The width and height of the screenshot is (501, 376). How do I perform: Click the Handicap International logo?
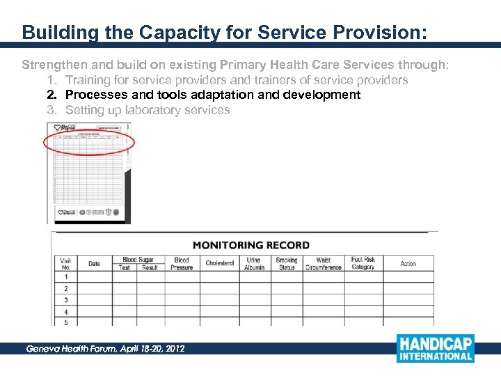[435, 348]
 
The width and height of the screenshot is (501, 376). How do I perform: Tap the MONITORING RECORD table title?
[250, 245]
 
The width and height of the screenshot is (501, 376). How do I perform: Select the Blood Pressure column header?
[182, 263]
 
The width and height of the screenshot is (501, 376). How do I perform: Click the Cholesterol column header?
[220, 263]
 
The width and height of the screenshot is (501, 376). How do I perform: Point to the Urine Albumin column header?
[254, 263]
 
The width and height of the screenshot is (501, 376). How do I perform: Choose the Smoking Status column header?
[286, 263]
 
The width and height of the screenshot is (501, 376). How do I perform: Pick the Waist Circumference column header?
[323, 263]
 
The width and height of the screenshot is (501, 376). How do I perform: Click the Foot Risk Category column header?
[363, 263]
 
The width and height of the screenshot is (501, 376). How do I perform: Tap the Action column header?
[408, 263]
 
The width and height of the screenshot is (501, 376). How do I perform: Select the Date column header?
[94, 263]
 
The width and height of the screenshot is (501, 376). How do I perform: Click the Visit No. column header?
[65, 263]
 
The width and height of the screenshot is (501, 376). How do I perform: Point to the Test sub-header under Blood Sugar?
[125, 267]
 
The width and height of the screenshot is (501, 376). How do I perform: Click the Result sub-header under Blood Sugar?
[150, 267]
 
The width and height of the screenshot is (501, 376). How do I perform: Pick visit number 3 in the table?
[65, 300]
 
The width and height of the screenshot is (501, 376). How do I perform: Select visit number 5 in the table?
[65, 322]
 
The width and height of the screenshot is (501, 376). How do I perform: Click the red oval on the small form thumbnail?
[88, 143]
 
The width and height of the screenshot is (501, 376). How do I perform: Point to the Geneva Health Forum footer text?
[105, 348]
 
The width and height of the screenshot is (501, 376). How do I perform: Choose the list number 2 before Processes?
[51, 95]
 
